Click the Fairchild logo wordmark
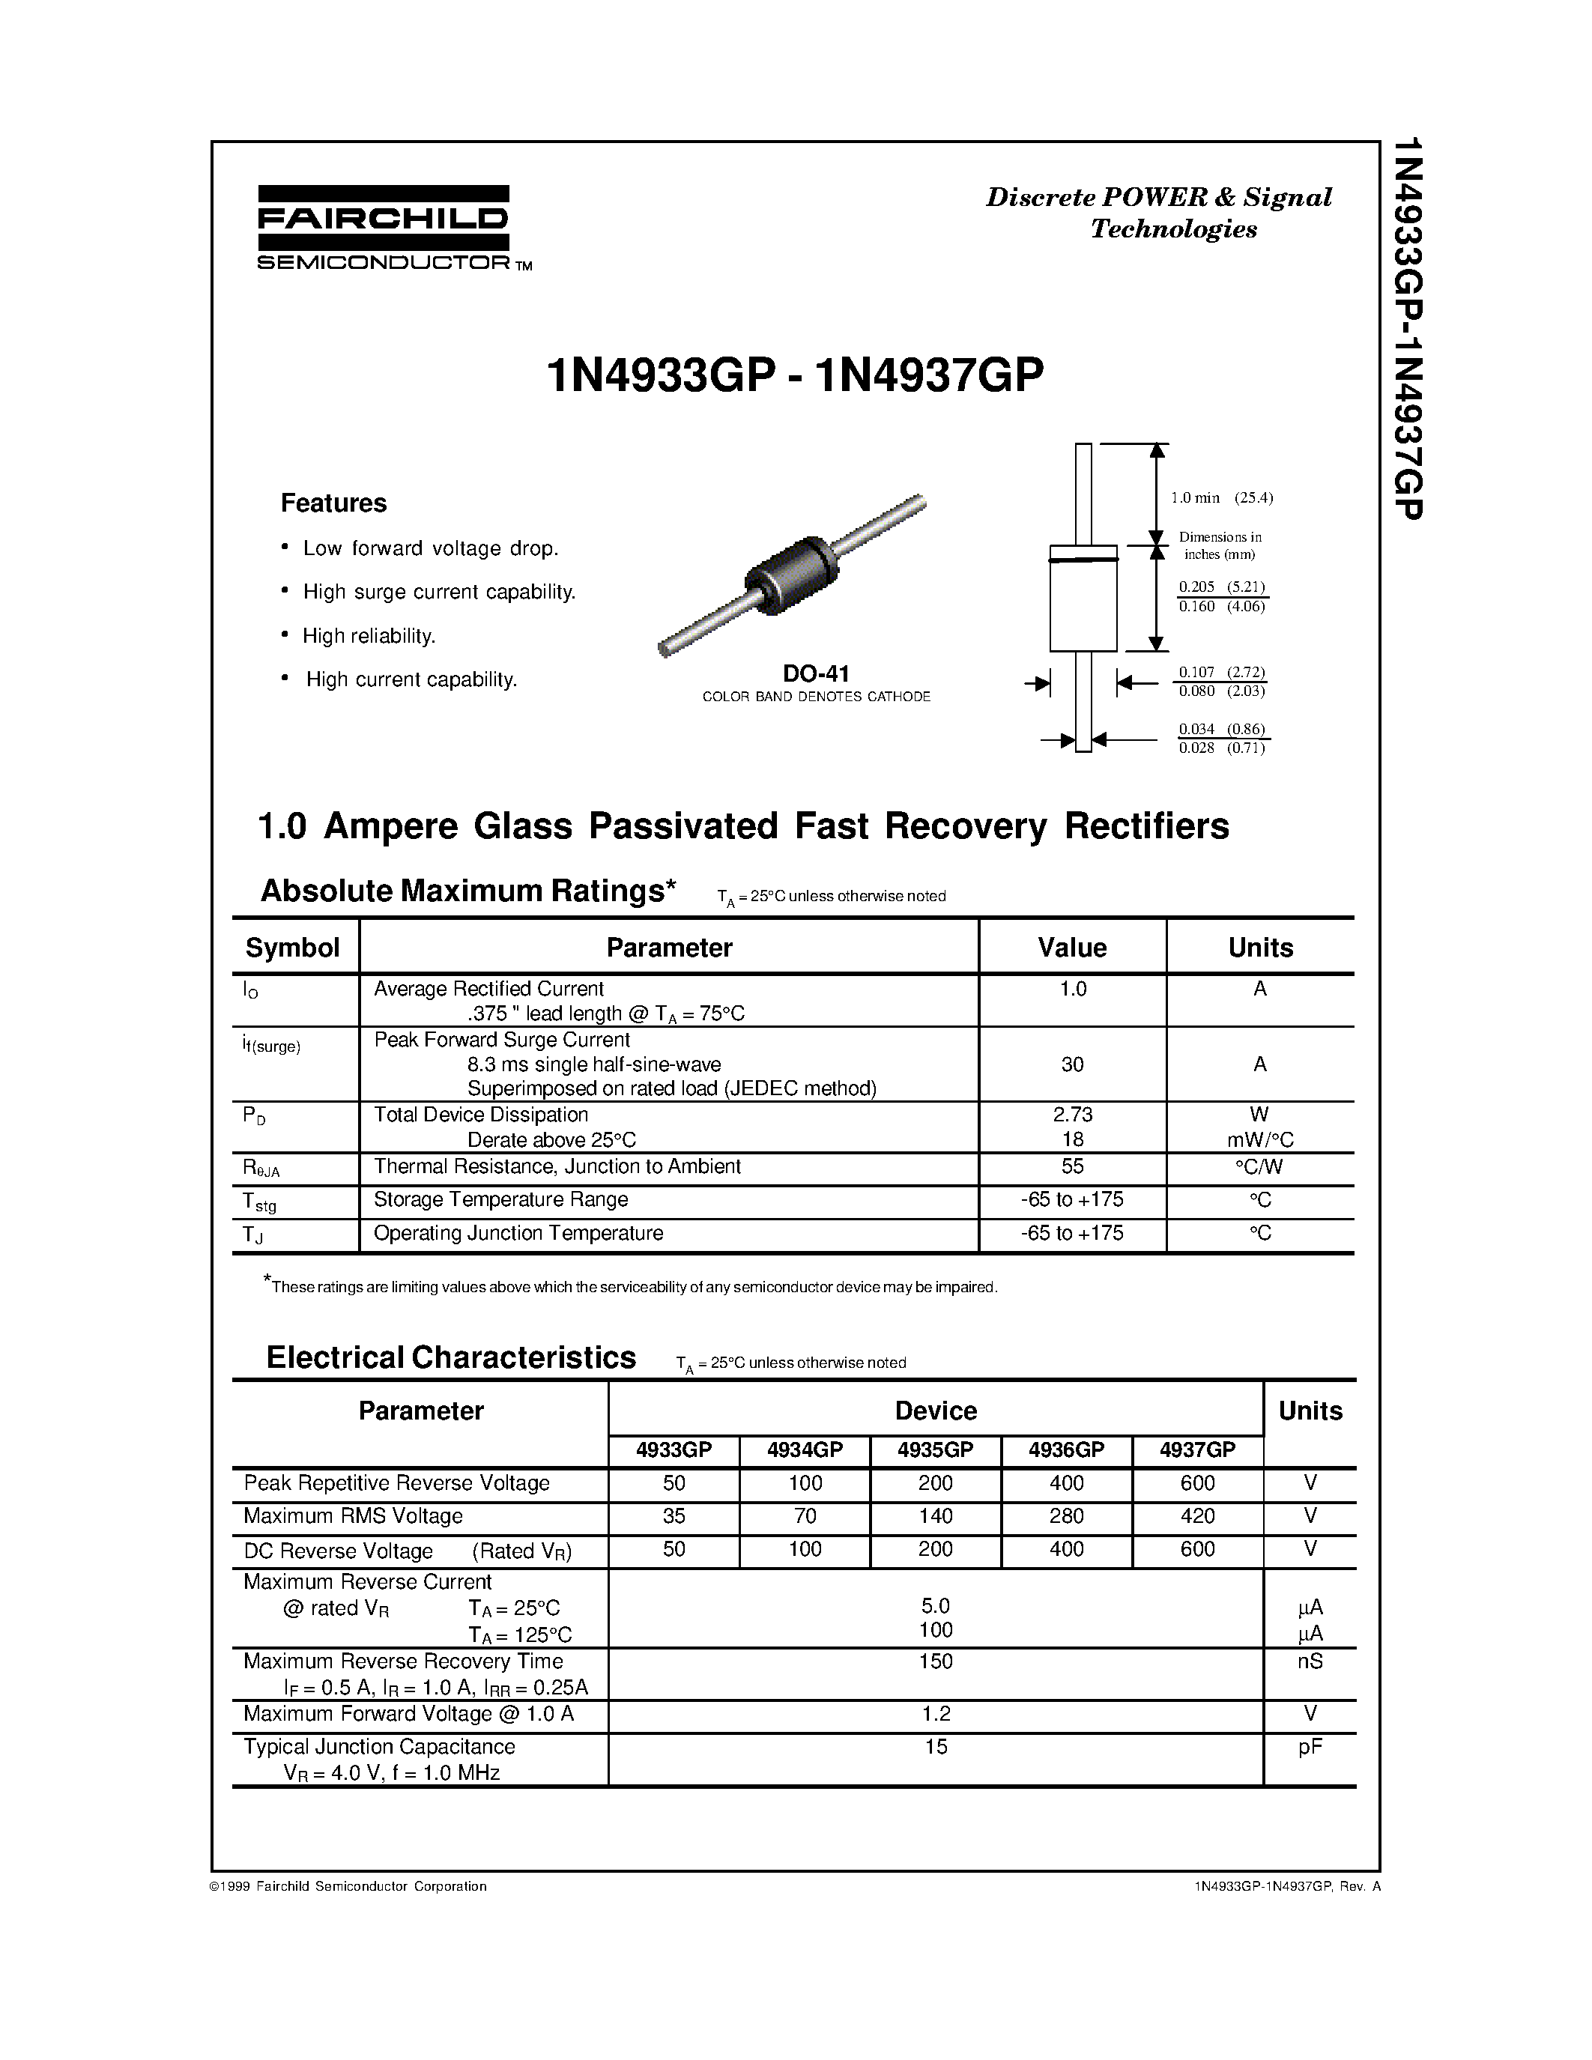pos(383,219)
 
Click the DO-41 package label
pos(816,673)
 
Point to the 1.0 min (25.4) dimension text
pos(1221,497)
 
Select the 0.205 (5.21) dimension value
pos(1221,587)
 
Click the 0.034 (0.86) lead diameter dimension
pos(1221,729)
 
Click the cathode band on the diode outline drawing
pos(1083,560)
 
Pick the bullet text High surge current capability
pos(438,591)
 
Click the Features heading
pos(334,503)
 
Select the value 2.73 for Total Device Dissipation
pos(1072,1114)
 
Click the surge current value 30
pos(1072,1064)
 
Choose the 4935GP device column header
pos(935,1449)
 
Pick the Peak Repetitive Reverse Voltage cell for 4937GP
pos(1197,1482)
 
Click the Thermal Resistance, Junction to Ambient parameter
pos(557,1167)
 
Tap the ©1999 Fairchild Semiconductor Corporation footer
pos(348,1885)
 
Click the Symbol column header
pos(292,947)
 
